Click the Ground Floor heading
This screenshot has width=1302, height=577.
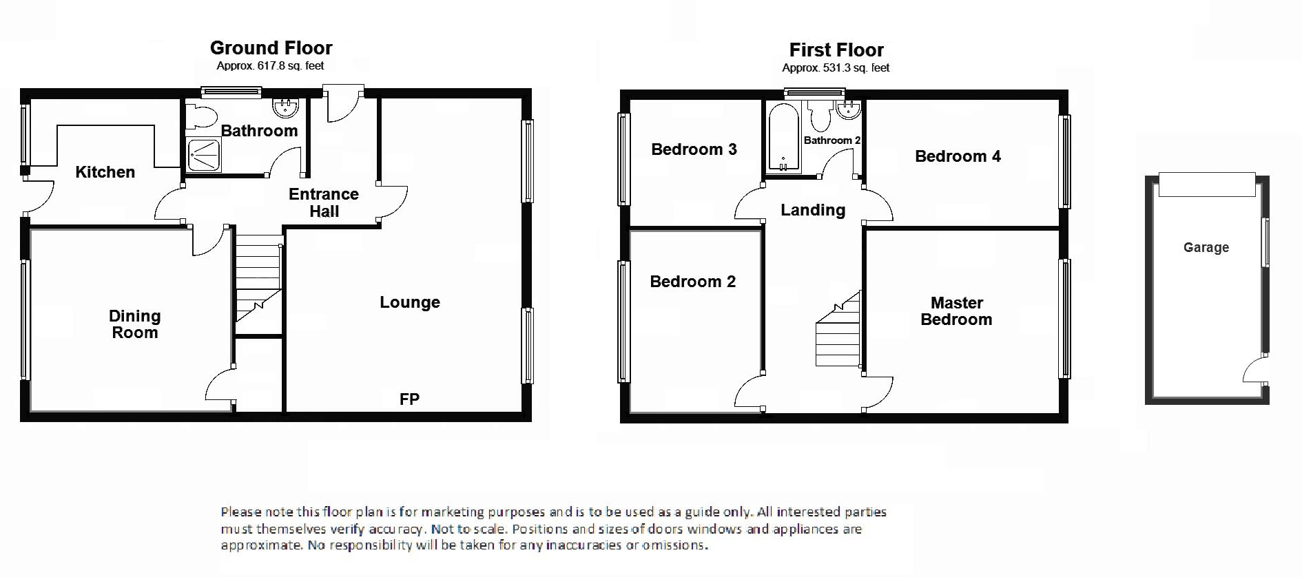click(x=271, y=48)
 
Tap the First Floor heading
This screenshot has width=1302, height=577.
click(x=836, y=50)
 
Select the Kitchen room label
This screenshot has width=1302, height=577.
click(x=105, y=172)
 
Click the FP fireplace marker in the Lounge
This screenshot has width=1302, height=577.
click(x=409, y=399)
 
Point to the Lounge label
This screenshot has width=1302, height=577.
click(x=410, y=302)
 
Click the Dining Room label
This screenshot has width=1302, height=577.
click(x=135, y=324)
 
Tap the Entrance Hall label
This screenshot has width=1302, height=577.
click(x=324, y=202)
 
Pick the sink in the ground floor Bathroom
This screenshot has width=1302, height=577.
click(x=285, y=108)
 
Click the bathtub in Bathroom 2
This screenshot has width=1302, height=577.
click(x=783, y=137)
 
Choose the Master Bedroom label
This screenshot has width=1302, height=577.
click(x=956, y=311)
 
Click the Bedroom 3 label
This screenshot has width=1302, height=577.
click(x=694, y=149)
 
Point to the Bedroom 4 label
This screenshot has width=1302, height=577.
click(x=958, y=156)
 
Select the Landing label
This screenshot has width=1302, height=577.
click(x=813, y=210)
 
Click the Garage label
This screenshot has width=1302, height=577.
click(x=1206, y=247)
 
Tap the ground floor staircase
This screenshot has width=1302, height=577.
click(x=258, y=278)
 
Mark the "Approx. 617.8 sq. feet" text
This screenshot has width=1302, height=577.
click(x=270, y=66)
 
